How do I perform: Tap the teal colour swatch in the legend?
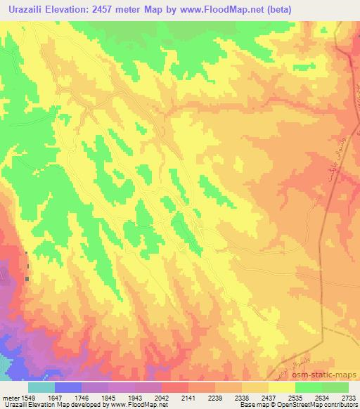pos(41,387)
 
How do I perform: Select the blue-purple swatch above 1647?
pos(69,387)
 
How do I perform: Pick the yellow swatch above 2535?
pos(282,387)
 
